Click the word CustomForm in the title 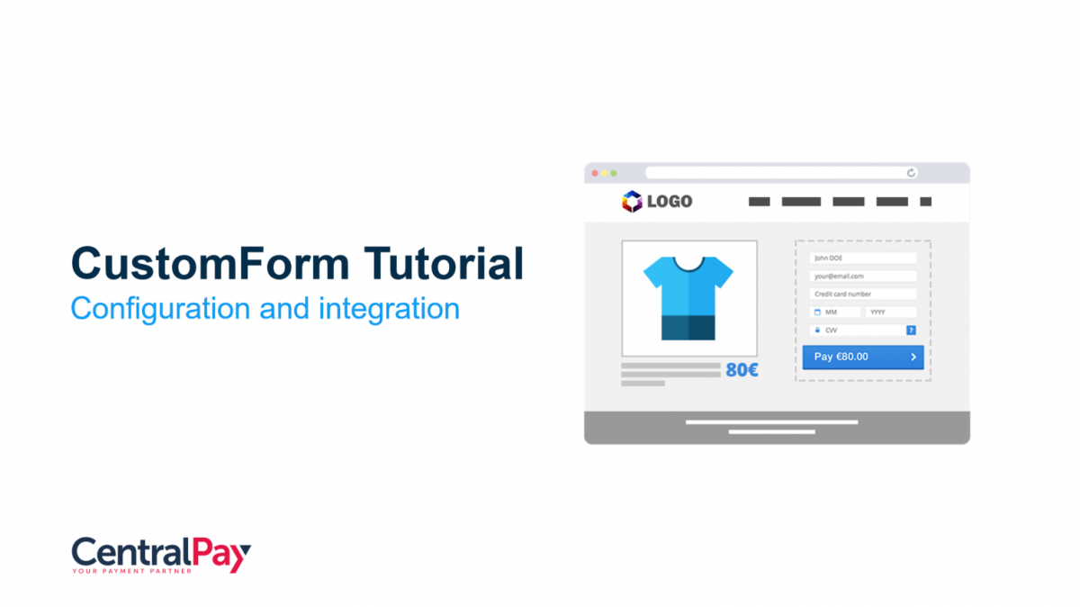coord(211,264)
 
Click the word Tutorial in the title coord(444,263)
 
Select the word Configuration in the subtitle coord(160,309)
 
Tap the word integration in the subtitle coord(389,309)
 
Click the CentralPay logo coord(161,555)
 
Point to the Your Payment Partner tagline coord(131,571)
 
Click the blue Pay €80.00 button coord(863,357)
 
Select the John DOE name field coord(863,258)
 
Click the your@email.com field coord(863,276)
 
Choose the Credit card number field coord(863,294)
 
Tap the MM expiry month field coord(835,313)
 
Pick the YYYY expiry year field coord(891,313)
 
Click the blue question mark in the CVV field coord(911,330)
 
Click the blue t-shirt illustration coord(688,298)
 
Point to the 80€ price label coord(742,370)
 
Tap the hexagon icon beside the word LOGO coord(632,201)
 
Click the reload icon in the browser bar coord(911,173)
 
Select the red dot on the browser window coord(595,173)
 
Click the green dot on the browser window coord(614,173)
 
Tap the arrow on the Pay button coord(913,357)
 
